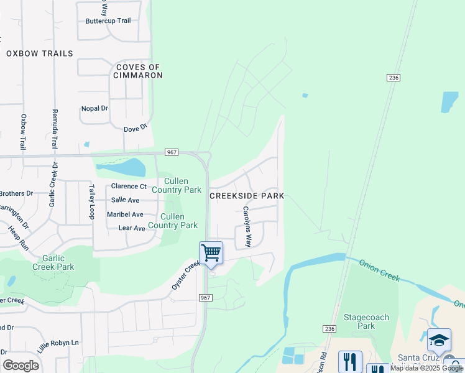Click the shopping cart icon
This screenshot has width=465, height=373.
pos(211,253)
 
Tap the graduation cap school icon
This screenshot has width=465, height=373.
pos(439,340)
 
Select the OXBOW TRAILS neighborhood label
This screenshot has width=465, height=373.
pos(40,53)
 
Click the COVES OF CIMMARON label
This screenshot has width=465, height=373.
pos(137,71)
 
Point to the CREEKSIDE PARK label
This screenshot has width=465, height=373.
pos(247,195)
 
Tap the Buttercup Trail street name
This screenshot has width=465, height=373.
pos(108,21)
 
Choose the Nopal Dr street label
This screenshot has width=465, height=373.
pos(94,108)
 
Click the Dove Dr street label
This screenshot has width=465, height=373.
pos(135,127)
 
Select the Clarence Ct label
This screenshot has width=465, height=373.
pos(129,186)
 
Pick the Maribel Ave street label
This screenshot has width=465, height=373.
pos(125,214)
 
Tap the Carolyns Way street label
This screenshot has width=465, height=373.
pos(247,227)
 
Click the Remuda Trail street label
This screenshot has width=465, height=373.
pos(53,129)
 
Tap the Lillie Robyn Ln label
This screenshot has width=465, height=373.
pos(58,346)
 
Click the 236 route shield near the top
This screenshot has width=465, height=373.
pos(392,77)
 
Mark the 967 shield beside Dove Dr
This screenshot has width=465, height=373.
pos(172,152)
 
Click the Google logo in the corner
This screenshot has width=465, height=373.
pos(21,365)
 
